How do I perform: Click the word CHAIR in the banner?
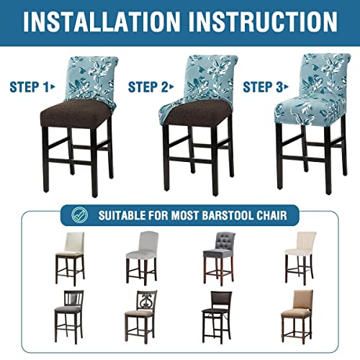282,215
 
